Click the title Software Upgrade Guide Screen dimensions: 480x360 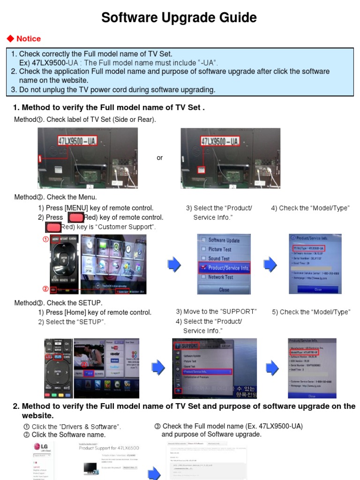(x=180, y=18)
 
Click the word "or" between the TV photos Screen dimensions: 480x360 (x=159, y=158)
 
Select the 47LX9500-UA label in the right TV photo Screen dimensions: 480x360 (x=219, y=141)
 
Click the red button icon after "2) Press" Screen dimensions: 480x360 (x=76, y=217)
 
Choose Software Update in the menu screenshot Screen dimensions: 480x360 (x=224, y=240)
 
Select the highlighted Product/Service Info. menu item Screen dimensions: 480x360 (x=228, y=268)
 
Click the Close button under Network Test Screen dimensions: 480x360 (x=224, y=290)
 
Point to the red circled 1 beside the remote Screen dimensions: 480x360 (x=45, y=239)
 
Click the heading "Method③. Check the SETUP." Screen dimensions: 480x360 (x=58, y=303)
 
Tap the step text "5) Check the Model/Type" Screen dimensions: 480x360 (x=311, y=312)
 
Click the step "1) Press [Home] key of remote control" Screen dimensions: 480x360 (x=95, y=313)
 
